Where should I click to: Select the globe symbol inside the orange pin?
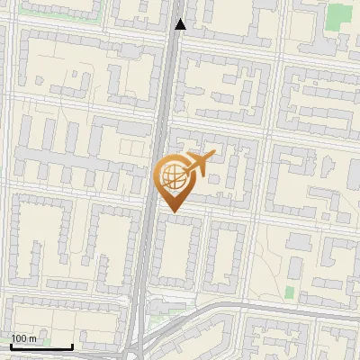pyautogui.click(x=171, y=176)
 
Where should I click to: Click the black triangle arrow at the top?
pyautogui.click(x=181, y=24)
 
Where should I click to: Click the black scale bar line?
pyautogui.click(x=41, y=346)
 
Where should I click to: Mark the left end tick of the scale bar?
pyautogui.click(x=11, y=345)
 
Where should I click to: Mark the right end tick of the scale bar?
pyautogui.click(x=72, y=345)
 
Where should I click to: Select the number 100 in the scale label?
pyautogui.click(x=20, y=338)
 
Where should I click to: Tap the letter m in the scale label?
pyautogui.click(x=33, y=338)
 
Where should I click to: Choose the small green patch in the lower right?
pyautogui.click(x=290, y=292)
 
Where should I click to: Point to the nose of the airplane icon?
pyautogui.click(x=212, y=155)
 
